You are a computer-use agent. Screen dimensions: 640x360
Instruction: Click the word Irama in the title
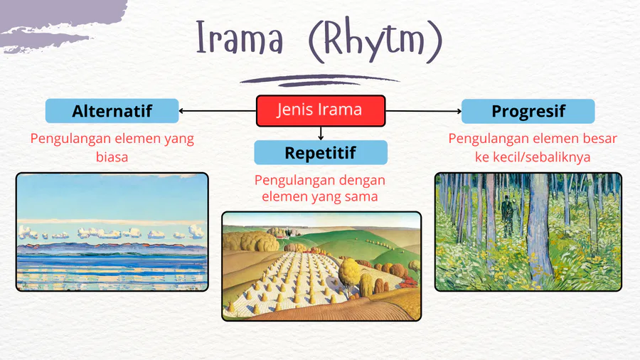tap(240, 37)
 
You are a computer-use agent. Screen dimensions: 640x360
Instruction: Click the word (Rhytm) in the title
tap(375, 40)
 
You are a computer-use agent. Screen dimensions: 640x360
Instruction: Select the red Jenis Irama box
tap(321, 110)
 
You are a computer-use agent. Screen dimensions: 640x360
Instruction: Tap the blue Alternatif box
tap(112, 110)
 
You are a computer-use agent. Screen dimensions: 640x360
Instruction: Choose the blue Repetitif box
tap(321, 153)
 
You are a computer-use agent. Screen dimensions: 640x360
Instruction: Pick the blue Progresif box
tap(528, 111)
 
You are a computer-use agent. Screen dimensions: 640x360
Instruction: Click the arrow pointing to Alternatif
tap(218, 110)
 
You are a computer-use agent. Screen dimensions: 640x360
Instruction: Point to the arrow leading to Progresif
tap(423, 110)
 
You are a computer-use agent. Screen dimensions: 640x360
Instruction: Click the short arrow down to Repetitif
tap(321, 134)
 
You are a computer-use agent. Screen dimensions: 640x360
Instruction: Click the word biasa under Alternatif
tap(112, 157)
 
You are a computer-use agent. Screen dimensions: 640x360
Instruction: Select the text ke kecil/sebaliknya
tap(533, 157)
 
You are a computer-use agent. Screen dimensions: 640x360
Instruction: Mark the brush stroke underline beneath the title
tap(319, 80)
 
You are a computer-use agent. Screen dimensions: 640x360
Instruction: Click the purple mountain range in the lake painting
tap(112, 248)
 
